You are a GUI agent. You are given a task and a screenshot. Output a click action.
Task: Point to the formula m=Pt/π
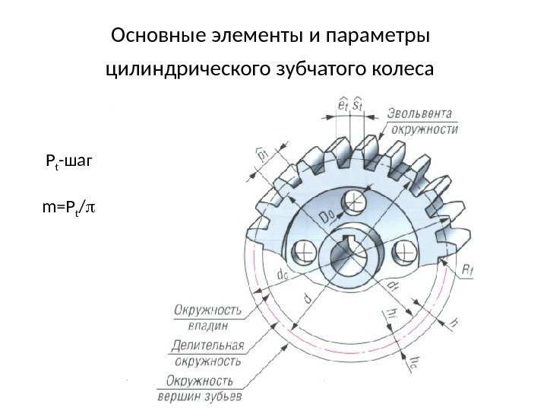(x=72, y=206)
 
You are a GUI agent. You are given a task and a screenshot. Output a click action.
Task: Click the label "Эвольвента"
(x=422, y=114)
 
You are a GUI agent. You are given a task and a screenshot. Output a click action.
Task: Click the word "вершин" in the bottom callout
(x=180, y=396)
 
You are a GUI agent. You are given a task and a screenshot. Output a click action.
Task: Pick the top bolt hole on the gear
(x=353, y=202)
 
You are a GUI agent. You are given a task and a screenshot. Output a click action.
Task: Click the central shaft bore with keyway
(x=353, y=254)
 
